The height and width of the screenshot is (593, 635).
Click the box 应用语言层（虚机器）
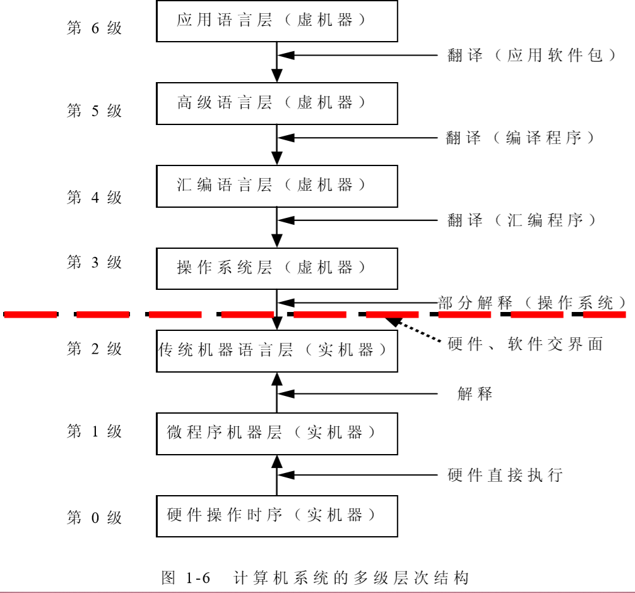(276, 21)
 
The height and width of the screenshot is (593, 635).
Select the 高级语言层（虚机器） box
(276, 103)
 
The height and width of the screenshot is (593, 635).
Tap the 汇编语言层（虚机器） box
(276, 186)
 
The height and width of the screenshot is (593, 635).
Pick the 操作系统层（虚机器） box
(276, 268)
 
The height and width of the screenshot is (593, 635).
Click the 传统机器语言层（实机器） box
(276, 350)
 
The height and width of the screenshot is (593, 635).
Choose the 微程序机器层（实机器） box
(276, 433)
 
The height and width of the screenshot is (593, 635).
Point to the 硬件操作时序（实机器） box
(276, 516)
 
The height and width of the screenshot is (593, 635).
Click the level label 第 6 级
(94, 28)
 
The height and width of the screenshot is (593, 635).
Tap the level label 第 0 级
(94, 518)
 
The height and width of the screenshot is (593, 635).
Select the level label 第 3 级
(94, 263)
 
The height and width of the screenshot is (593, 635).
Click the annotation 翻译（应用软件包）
(531, 56)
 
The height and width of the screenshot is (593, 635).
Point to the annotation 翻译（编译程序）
(520, 138)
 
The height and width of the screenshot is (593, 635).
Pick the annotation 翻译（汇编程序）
(521, 220)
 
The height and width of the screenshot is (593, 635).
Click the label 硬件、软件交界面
(525, 344)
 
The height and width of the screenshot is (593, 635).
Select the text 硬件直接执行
(505, 475)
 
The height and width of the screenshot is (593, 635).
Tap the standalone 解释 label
(475, 395)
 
